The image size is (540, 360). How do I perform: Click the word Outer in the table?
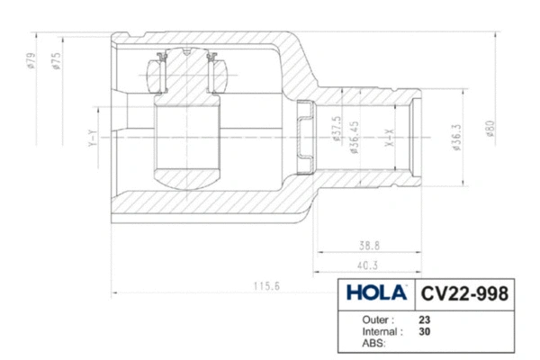(x=378, y=319)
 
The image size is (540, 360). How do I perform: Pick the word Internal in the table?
(x=382, y=331)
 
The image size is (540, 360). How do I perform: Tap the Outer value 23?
(x=425, y=319)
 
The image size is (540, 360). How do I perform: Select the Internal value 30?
(x=425, y=331)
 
